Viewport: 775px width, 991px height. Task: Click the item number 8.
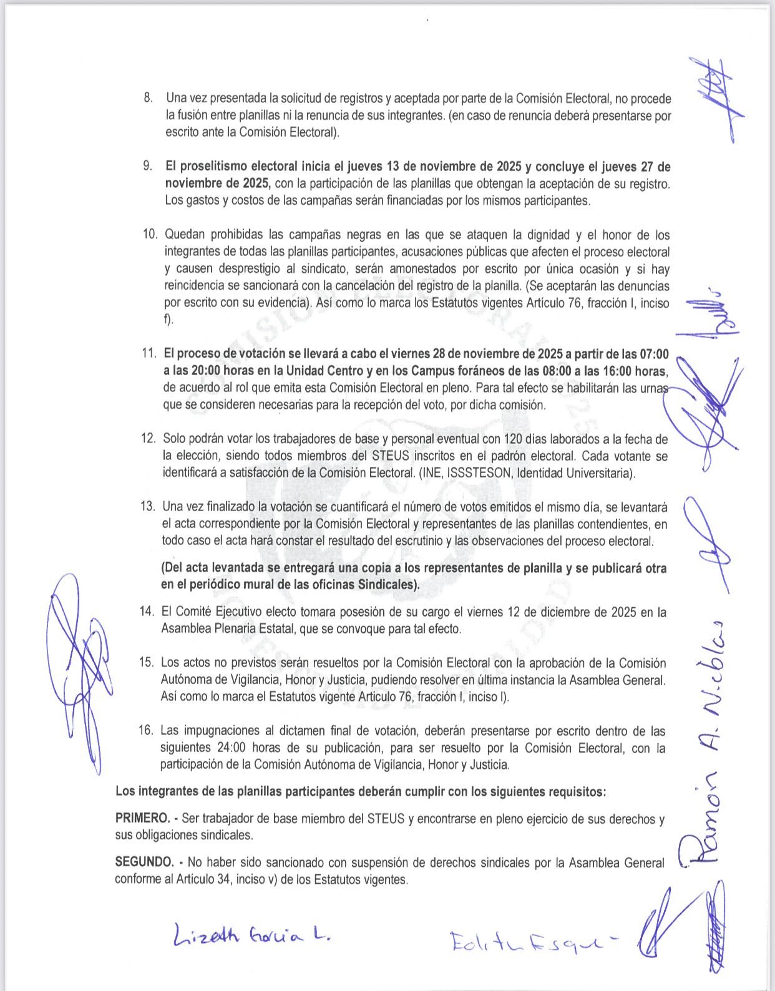pos(148,98)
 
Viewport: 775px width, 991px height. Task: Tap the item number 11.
pos(149,353)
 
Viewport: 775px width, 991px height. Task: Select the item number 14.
pos(147,612)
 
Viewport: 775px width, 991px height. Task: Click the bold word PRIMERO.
pos(142,818)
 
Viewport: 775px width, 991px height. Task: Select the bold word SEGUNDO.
pos(144,862)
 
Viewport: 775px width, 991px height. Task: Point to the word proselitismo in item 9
pos(215,167)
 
